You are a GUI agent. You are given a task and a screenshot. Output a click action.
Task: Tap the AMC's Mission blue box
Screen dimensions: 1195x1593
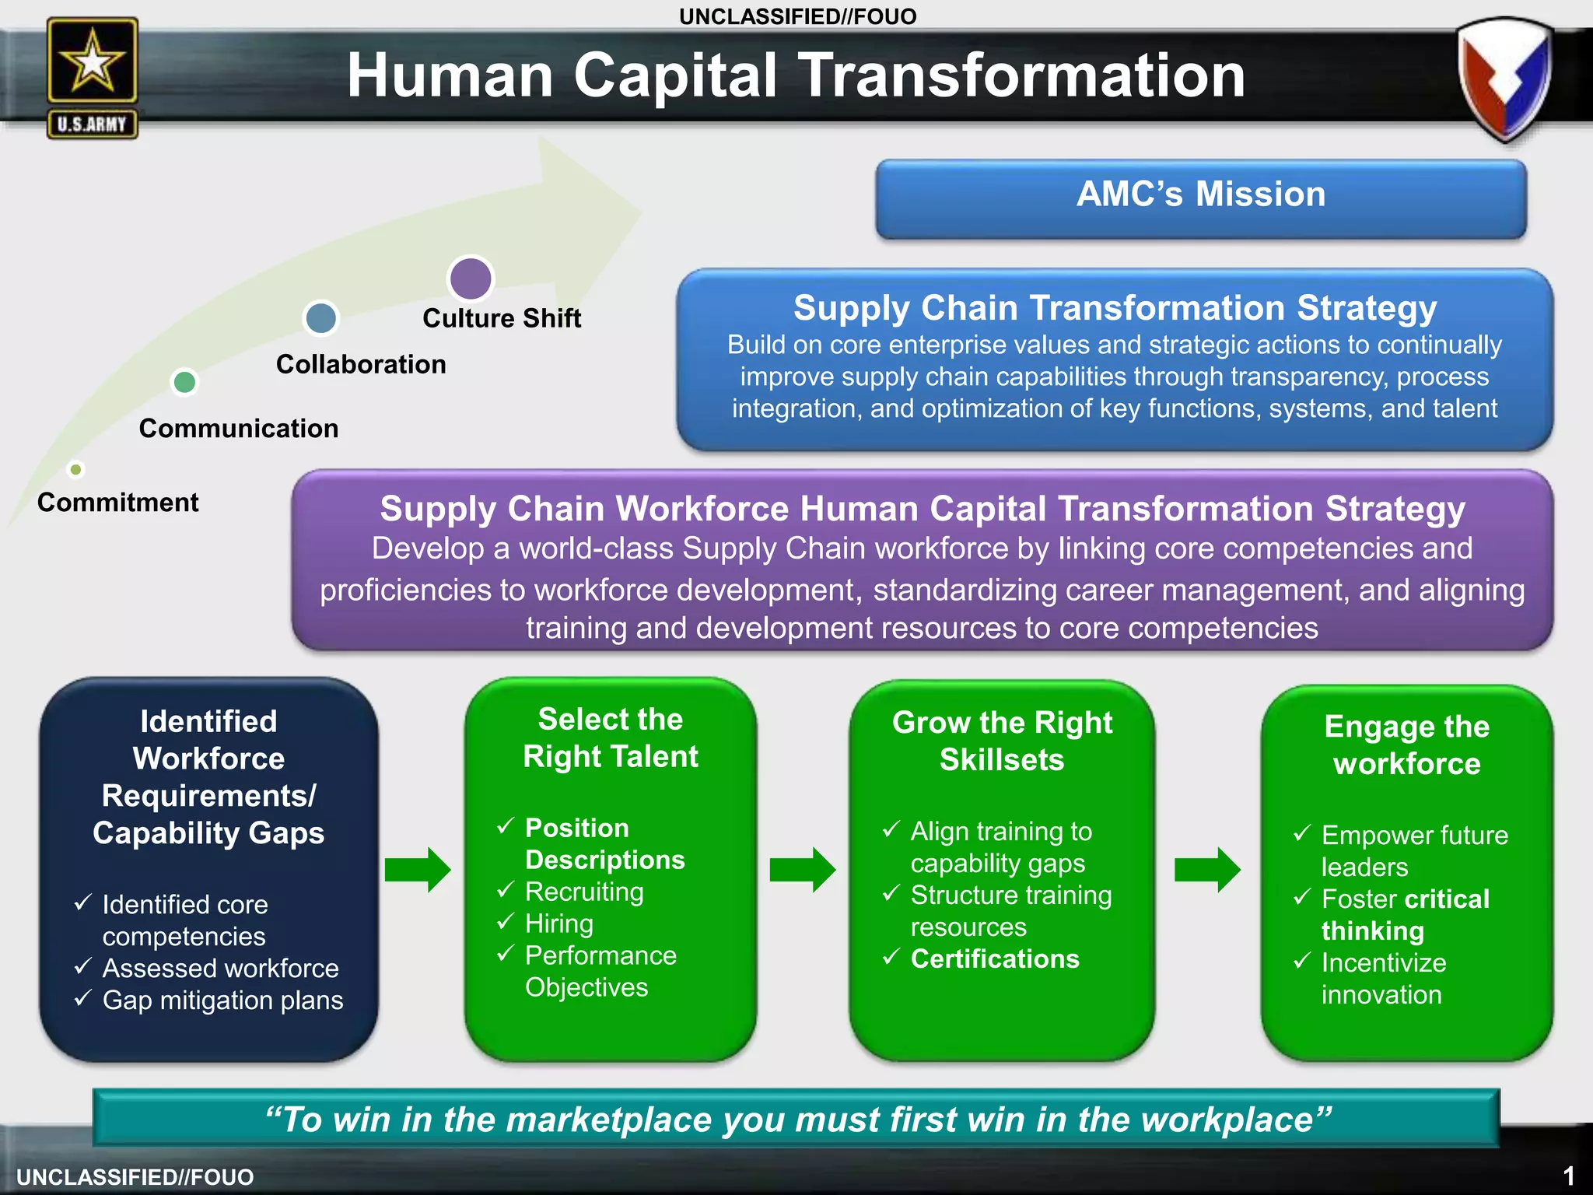tap(1200, 198)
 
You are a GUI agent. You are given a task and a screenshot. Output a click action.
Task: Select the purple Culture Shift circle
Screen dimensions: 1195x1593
tap(471, 278)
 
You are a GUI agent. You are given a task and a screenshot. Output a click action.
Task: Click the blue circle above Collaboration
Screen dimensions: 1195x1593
tap(321, 317)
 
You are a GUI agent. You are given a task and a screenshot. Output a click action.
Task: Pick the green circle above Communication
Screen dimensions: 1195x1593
tap(184, 382)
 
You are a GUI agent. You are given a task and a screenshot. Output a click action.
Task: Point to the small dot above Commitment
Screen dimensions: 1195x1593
tap(75, 469)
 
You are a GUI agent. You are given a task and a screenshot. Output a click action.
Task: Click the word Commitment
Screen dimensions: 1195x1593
tap(117, 503)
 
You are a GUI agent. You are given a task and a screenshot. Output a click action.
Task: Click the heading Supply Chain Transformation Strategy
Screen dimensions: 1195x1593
tap(1115, 308)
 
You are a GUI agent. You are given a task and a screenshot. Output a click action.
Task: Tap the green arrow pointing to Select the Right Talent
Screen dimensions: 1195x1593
tap(417, 869)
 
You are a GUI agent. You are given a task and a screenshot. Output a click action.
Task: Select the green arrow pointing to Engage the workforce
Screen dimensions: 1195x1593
tap(1206, 869)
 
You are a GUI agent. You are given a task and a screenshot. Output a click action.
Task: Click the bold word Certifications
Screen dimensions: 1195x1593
tap(995, 958)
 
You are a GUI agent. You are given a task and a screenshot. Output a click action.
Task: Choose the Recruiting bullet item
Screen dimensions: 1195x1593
tap(584, 892)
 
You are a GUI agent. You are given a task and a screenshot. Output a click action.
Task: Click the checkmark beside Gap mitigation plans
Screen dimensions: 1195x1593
tap(83, 998)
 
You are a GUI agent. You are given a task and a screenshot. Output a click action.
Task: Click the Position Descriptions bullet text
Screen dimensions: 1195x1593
tap(604, 843)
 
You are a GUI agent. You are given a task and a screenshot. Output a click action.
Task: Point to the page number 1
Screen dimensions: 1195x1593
tap(1569, 1175)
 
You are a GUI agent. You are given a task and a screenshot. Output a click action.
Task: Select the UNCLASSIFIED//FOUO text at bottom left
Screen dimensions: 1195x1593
tap(135, 1177)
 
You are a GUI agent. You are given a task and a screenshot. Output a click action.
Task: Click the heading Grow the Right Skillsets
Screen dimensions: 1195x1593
tap(1002, 741)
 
